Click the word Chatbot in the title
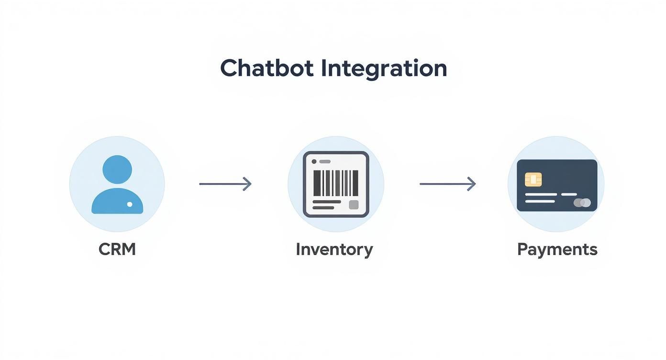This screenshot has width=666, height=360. pyautogui.click(x=266, y=68)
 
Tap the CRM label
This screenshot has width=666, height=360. pyautogui.click(x=117, y=249)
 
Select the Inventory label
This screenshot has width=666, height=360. pyautogui.click(x=334, y=249)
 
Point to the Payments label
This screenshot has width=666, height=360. pyautogui.click(x=557, y=249)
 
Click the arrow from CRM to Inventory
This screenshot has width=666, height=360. pyautogui.click(x=225, y=184)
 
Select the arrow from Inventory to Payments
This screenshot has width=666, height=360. pyautogui.click(x=447, y=184)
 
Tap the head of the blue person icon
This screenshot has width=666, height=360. pyautogui.click(x=117, y=169)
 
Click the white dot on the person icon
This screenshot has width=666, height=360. pyautogui.click(x=130, y=204)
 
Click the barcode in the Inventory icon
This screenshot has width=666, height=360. pyautogui.click(x=336, y=183)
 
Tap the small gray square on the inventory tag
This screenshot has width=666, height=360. pyautogui.click(x=354, y=205)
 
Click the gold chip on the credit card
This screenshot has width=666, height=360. pyautogui.click(x=533, y=180)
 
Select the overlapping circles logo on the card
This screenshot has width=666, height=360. pyautogui.click(x=582, y=202)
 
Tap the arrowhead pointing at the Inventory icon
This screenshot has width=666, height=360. pyautogui.click(x=247, y=184)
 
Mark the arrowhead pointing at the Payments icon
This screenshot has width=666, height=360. pyautogui.click(x=472, y=184)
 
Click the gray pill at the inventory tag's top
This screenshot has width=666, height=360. pyautogui.click(x=325, y=162)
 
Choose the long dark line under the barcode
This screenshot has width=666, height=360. pyautogui.click(x=326, y=202)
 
